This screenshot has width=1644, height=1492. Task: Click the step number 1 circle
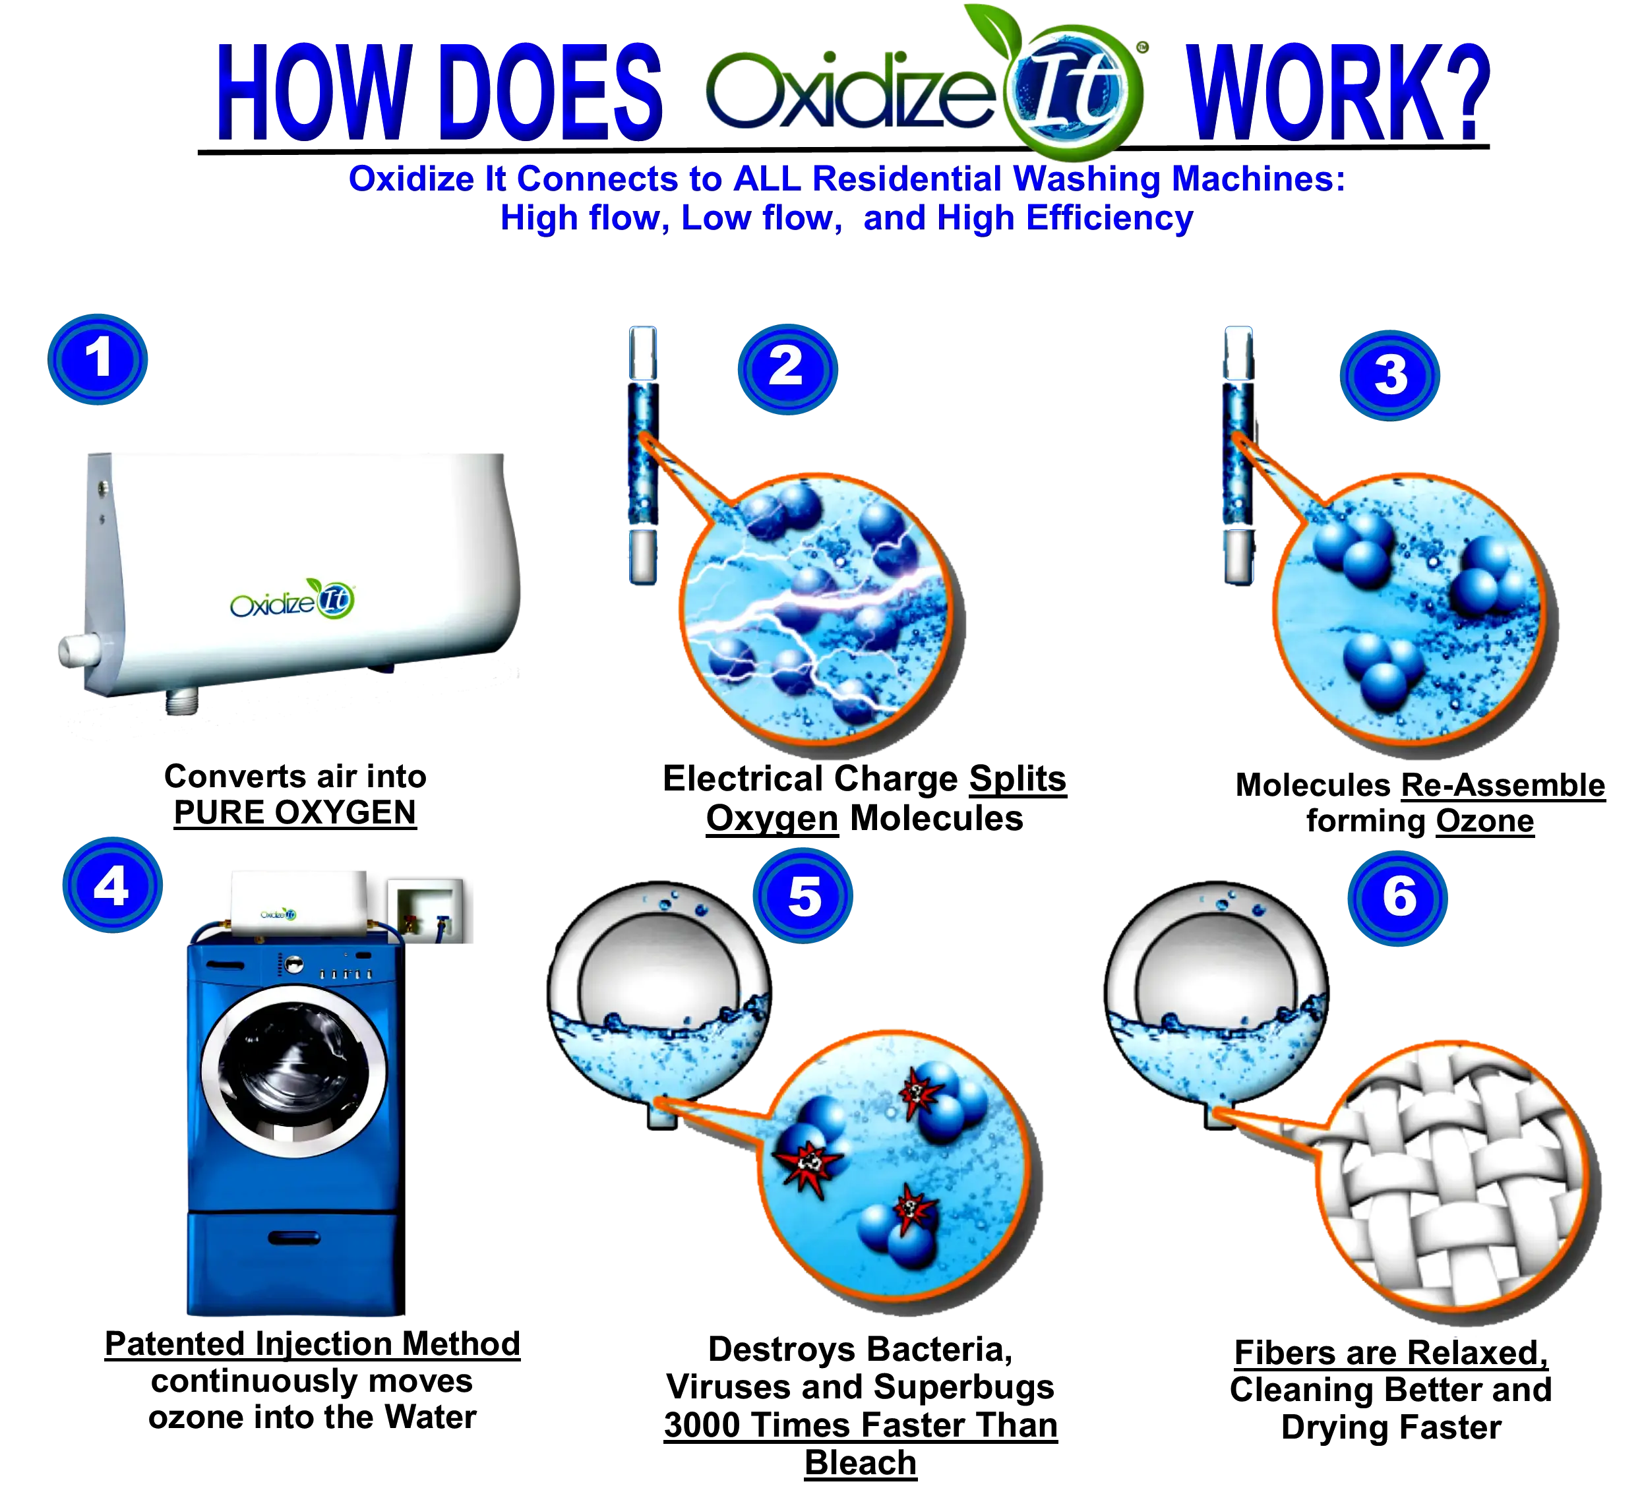pos(98,359)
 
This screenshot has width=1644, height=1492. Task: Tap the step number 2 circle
pos(788,369)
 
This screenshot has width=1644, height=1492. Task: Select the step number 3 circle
pos(1389,375)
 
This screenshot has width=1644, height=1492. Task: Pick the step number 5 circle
pos(803,895)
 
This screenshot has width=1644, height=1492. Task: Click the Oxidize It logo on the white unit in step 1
pos(292,600)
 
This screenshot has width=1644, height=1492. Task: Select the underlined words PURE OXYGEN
pos(295,813)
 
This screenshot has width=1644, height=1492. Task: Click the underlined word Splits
pos(1018,779)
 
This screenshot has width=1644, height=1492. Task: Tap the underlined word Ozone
pos(1485,821)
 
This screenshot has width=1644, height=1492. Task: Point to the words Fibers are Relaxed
pos(1390,1353)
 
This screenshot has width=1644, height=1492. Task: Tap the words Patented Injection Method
pos(313,1344)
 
